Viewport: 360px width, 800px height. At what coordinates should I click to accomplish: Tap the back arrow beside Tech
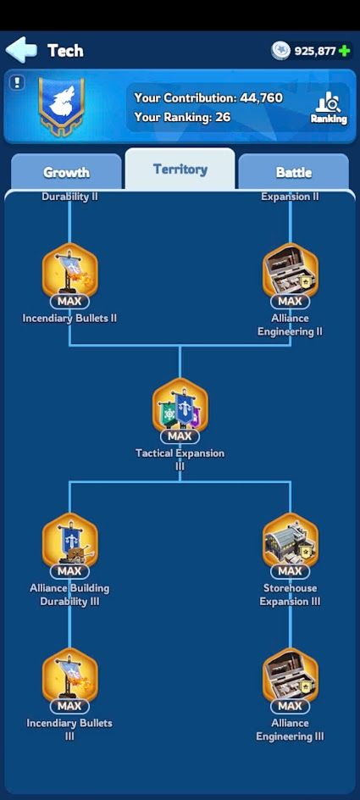click(21, 50)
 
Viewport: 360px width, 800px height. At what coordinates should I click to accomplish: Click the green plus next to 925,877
click(345, 51)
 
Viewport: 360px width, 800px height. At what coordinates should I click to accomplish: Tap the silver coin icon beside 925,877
click(280, 51)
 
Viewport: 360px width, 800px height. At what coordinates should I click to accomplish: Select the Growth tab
click(66, 172)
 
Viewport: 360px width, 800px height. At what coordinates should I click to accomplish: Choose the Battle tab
click(294, 172)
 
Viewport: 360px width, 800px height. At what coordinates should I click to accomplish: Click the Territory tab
click(180, 169)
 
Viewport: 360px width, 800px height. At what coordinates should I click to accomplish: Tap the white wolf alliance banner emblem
click(62, 107)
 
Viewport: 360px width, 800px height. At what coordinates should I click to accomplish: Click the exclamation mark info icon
click(17, 83)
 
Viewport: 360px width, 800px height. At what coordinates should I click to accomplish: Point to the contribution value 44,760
click(261, 97)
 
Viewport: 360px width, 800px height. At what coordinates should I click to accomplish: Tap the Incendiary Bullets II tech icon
click(69, 272)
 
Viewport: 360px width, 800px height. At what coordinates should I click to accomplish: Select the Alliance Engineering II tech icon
click(291, 272)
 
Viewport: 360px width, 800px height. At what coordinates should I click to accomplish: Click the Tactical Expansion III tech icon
click(180, 407)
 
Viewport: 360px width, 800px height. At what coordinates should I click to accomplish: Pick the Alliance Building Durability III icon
click(69, 542)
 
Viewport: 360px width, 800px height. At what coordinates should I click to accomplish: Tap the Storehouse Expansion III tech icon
click(291, 542)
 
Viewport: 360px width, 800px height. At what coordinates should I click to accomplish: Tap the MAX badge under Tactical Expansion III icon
click(180, 436)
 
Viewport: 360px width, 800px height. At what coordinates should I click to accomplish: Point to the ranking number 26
click(223, 117)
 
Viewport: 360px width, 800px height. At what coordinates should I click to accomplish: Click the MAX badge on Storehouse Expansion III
click(291, 571)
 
